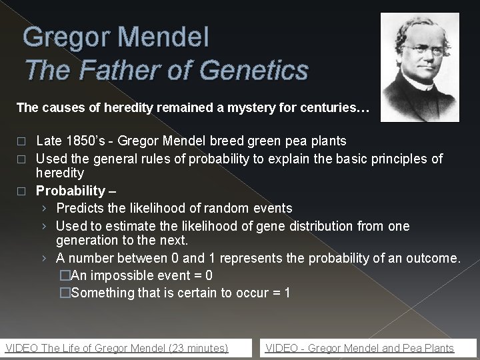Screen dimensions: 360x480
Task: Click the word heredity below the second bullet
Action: pos(60,173)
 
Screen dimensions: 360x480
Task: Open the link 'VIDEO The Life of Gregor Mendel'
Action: pos(117,348)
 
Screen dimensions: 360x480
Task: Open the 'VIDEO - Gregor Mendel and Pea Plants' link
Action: pos(359,348)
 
